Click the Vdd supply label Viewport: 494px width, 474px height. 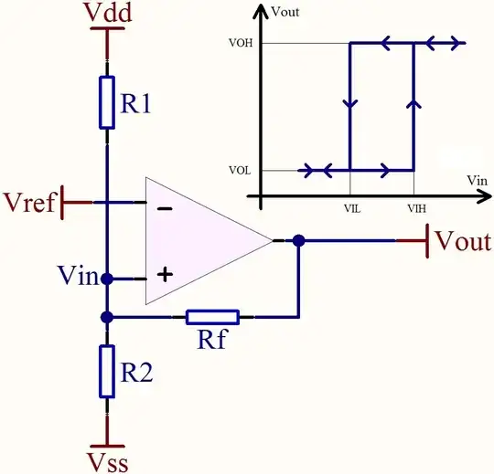click(x=108, y=13)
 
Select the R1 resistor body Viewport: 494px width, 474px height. click(x=107, y=102)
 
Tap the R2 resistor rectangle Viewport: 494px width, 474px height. click(x=107, y=372)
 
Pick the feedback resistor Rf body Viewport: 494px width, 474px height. click(x=212, y=317)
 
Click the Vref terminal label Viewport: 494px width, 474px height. click(x=30, y=202)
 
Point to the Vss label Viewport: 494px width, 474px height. click(x=108, y=463)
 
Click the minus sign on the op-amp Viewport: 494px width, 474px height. click(x=165, y=208)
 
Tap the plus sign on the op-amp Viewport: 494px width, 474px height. click(x=165, y=275)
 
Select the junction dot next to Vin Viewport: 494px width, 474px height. click(x=107, y=279)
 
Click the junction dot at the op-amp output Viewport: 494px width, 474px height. click(x=298, y=241)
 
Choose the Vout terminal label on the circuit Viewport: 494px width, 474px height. click(x=463, y=241)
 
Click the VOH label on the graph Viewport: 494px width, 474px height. click(x=241, y=43)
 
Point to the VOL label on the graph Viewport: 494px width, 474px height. click(x=240, y=171)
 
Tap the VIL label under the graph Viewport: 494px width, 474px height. click(x=352, y=208)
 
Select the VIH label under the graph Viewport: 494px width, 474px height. click(x=417, y=208)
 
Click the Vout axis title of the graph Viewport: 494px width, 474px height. click(x=285, y=12)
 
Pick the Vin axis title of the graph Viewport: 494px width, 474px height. click(x=477, y=181)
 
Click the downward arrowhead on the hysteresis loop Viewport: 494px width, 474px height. click(x=350, y=104)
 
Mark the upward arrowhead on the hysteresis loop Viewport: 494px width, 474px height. click(x=414, y=104)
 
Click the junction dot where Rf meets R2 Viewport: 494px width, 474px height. click(x=107, y=317)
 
